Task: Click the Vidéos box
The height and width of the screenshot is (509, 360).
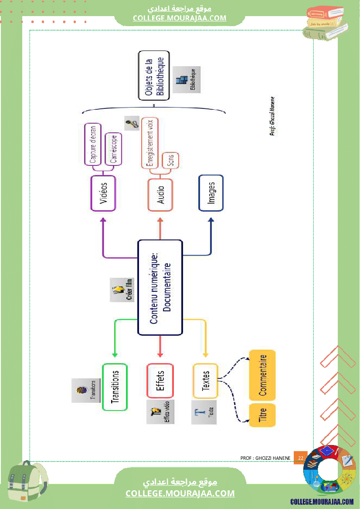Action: point(103,193)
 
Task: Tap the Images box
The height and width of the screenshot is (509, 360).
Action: point(211,193)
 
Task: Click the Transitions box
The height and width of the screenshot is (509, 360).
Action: point(115,387)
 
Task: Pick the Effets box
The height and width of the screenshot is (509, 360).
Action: point(160,381)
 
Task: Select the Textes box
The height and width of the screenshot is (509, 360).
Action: point(205,381)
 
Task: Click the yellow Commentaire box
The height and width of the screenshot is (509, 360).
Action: point(262,375)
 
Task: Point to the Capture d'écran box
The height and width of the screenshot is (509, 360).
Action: point(92,144)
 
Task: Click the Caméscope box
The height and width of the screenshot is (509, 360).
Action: point(113,149)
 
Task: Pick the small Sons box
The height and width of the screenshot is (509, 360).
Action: point(170,161)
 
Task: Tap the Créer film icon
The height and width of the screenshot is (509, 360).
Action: point(122,290)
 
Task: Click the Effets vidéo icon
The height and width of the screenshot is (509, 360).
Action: point(160,412)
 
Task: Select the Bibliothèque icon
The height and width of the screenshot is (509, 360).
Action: point(187,80)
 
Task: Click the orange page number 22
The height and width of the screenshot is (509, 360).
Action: point(300,458)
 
